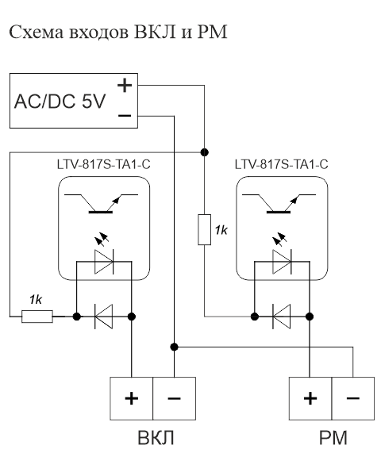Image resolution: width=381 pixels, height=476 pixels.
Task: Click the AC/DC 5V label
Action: pyautogui.click(x=60, y=102)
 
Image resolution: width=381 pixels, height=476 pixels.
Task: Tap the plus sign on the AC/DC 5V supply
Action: pyautogui.click(x=125, y=85)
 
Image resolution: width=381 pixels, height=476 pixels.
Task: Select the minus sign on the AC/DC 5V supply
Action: pyautogui.click(x=125, y=115)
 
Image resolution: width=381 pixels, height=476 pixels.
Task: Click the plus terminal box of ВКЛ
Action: pyautogui.click(x=131, y=398)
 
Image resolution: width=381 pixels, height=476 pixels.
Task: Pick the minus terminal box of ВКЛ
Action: pyautogui.click(x=174, y=398)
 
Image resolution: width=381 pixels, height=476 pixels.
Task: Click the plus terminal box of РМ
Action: pyautogui.click(x=310, y=398)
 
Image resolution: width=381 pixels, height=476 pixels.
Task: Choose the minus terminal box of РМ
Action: pyautogui.click(x=353, y=398)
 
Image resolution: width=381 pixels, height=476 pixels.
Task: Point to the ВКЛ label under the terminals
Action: pyautogui.click(x=156, y=438)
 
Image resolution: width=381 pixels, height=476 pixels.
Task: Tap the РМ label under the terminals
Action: pyautogui.click(x=333, y=438)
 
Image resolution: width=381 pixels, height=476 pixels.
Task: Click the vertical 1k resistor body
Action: pyautogui.click(x=205, y=229)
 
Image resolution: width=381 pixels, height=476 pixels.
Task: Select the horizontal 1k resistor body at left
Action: pyautogui.click(x=37, y=317)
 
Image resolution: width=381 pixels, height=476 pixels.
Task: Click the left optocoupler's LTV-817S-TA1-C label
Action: pyautogui.click(x=104, y=164)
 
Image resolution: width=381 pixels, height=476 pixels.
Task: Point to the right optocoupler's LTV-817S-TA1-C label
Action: pyautogui.click(x=281, y=164)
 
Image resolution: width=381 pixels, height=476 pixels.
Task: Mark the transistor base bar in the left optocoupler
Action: pyautogui.click(x=101, y=212)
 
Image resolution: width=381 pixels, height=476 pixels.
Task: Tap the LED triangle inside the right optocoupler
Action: pyautogui.click(x=282, y=262)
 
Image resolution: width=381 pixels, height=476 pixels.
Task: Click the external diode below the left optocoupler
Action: pyautogui.click(x=104, y=317)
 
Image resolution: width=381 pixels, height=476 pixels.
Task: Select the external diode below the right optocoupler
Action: pyautogui.click(x=281, y=317)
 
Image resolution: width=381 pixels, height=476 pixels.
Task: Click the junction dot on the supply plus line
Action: pyautogui.click(x=205, y=152)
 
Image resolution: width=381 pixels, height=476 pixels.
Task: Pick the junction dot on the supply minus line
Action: pyautogui.click(x=174, y=347)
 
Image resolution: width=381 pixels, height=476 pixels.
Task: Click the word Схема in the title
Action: pyautogui.click(x=37, y=32)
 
